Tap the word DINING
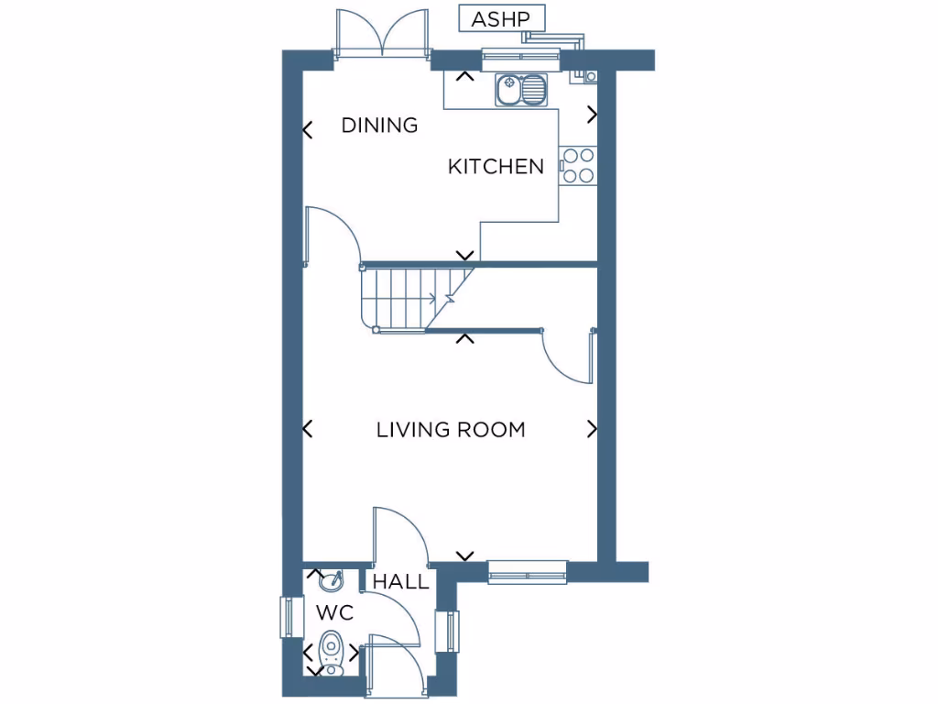pos(379,126)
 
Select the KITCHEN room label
pos(496,167)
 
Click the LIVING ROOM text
pos(451,429)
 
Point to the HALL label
pos(400,582)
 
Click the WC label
pos(334,611)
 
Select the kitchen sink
pos(520,90)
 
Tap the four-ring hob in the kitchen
pos(578,166)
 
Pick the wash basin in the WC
pos(331,580)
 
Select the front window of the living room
pos(527,572)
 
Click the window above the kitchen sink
pos(520,60)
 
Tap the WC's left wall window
pos(290,617)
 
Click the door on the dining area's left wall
pos(332,234)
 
